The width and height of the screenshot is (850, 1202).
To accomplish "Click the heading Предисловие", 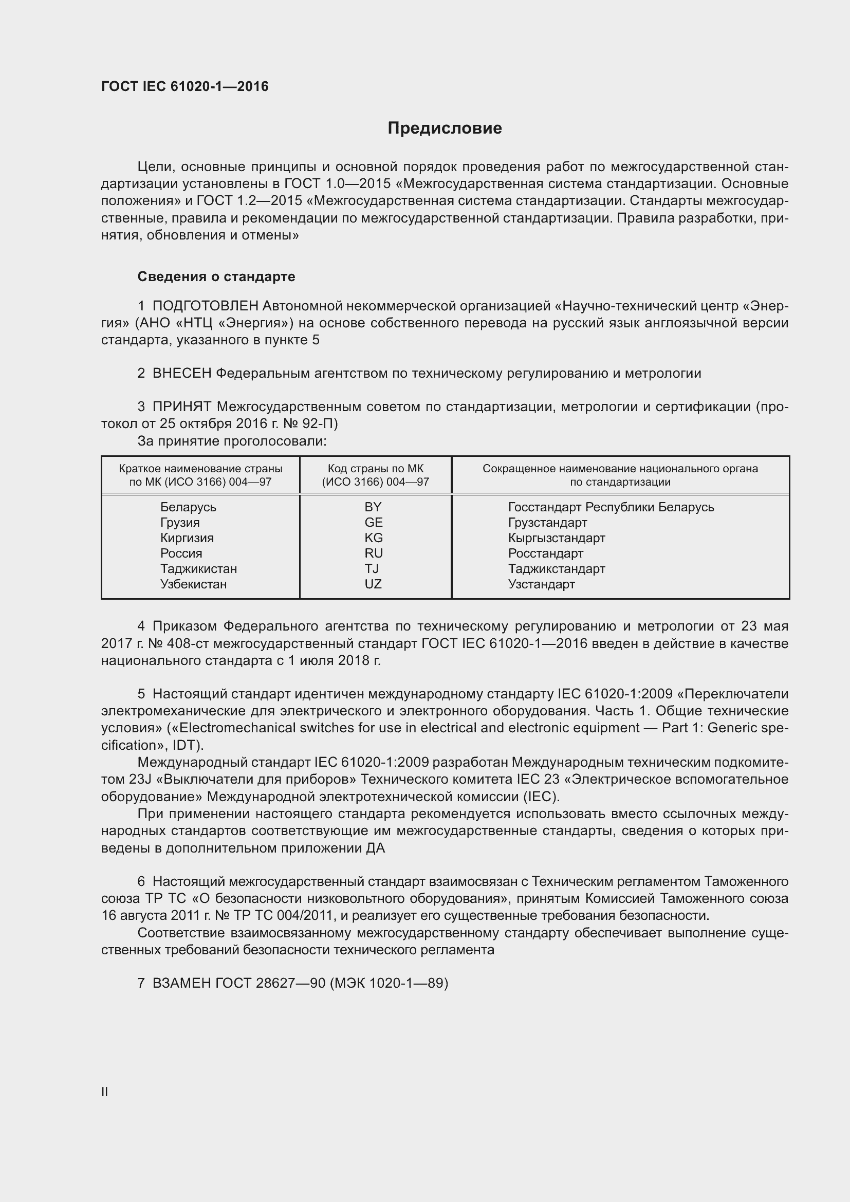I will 445,128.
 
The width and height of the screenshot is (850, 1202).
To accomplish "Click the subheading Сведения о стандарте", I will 216,276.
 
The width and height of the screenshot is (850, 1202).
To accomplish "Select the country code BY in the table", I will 373,507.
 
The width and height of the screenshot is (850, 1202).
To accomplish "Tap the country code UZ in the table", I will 373,584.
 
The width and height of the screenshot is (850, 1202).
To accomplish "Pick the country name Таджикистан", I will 198,568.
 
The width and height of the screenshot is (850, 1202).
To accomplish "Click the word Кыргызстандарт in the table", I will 557,538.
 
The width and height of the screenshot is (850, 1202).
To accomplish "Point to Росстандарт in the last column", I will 545,553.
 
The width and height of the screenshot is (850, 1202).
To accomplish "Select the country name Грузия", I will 179,523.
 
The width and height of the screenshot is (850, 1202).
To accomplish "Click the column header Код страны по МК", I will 375,469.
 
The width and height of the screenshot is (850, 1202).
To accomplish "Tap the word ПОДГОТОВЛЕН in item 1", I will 205,306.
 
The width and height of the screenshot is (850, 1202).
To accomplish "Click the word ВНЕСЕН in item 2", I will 181,373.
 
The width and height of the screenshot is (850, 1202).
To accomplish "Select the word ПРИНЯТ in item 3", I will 181,407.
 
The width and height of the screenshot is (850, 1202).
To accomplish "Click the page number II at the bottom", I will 105,1092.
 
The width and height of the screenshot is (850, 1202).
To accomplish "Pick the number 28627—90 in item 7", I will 290,983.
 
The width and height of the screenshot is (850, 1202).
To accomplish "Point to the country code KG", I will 373,538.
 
